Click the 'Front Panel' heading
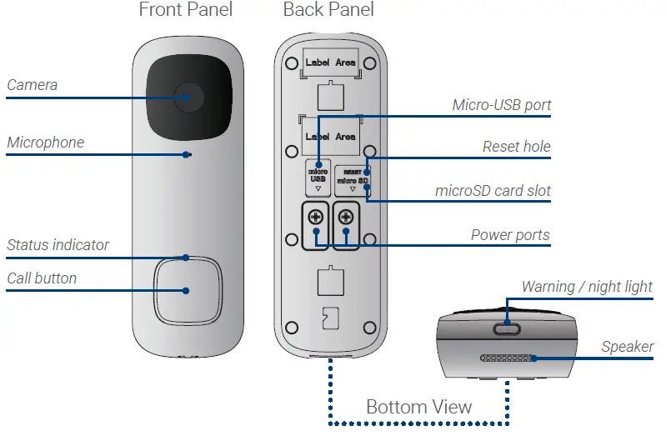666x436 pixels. (x=186, y=11)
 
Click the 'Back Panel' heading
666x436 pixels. (x=328, y=11)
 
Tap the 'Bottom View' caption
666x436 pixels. (x=418, y=407)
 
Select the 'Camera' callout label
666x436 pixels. (x=33, y=85)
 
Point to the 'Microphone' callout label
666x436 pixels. (x=46, y=143)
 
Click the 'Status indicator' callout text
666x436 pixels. (x=58, y=245)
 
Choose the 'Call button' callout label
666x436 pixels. (x=42, y=278)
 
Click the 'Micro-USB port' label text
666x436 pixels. (x=501, y=105)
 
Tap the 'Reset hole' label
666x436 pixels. (x=516, y=147)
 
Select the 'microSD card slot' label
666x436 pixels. (x=493, y=191)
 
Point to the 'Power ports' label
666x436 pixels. (x=510, y=235)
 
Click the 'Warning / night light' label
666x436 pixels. (x=587, y=287)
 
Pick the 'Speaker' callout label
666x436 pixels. (x=627, y=347)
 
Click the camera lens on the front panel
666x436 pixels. (x=188, y=98)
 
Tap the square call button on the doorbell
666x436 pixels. (x=187, y=291)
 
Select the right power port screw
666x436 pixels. (x=346, y=218)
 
